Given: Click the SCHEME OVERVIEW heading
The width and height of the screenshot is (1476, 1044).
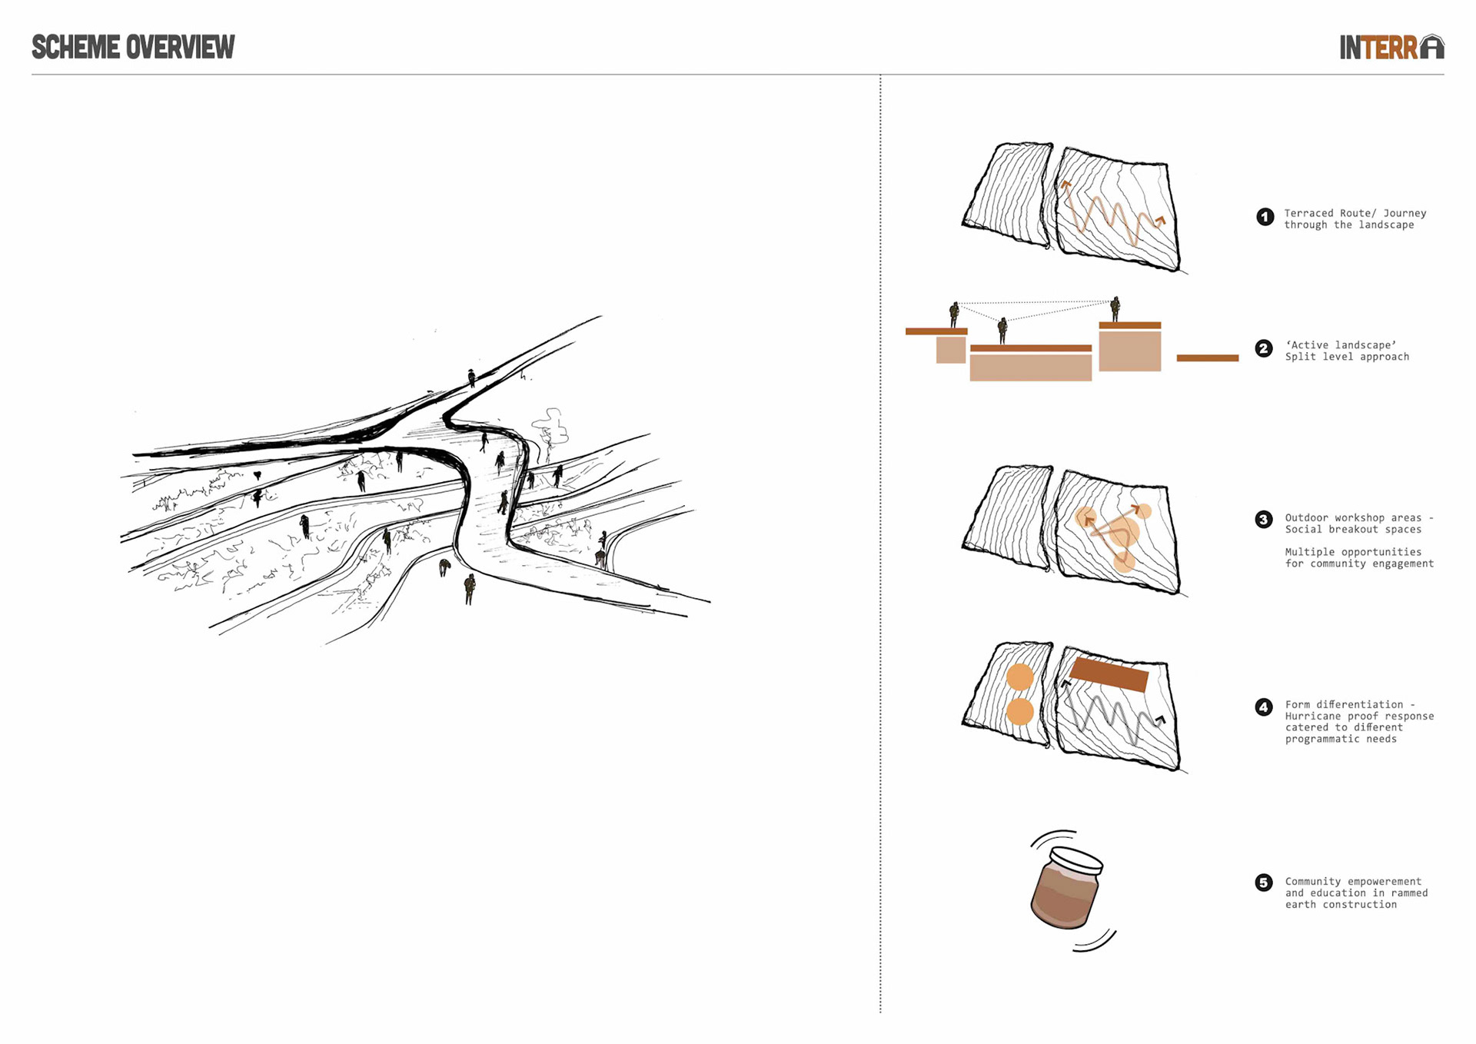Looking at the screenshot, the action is [133, 47].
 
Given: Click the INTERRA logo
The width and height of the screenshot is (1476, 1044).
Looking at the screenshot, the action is [1391, 47].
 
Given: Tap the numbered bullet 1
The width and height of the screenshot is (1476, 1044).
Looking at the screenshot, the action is [1265, 217].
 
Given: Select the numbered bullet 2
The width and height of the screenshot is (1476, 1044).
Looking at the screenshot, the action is [1264, 349].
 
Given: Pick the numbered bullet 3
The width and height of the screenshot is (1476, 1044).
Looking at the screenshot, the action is [1264, 520].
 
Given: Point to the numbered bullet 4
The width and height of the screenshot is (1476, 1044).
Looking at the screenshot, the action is [1264, 707].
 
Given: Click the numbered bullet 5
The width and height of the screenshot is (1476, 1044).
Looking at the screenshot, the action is [1264, 883].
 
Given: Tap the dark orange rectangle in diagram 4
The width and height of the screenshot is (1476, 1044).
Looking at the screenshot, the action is [1109, 675].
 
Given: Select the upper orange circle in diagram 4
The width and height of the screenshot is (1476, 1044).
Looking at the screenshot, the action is [1020, 677].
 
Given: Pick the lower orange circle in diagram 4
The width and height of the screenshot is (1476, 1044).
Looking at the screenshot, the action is [1020, 712].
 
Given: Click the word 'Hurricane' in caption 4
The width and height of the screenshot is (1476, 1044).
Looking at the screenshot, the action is [1313, 717].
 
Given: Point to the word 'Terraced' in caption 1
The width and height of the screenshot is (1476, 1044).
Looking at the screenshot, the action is [1309, 213].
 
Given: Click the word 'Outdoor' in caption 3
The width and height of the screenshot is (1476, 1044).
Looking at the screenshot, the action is [1307, 518].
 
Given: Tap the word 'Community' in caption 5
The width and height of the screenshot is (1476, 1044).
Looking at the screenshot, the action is [1313, 882].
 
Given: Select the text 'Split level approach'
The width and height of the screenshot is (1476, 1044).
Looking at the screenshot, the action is [1347, 357].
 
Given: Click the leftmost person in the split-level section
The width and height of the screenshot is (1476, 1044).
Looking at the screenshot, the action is [954, 314].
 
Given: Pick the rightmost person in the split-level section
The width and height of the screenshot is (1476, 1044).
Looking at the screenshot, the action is [1115, 309].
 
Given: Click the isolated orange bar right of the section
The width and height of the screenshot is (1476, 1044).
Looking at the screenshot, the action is [1208, 357].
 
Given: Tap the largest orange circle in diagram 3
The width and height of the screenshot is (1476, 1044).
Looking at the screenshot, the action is [1122, 532].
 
